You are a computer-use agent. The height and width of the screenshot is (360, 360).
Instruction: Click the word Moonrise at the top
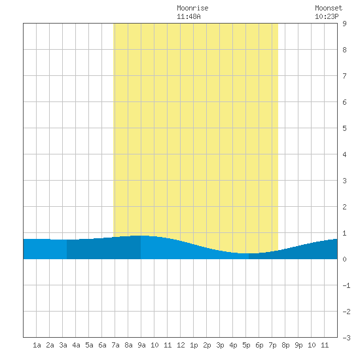pos(192,8)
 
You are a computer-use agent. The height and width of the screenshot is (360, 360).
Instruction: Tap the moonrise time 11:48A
pos(189,16)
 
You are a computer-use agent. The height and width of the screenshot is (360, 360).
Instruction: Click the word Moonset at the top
pos(329,8)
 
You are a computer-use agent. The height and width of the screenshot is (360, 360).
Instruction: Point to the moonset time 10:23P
pos(327,16)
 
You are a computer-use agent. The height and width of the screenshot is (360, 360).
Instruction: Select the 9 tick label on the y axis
pos(344,24)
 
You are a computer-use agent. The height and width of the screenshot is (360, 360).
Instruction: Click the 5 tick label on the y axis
pos(344,128)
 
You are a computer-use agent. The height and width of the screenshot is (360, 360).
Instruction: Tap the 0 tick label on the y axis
pos(344,259)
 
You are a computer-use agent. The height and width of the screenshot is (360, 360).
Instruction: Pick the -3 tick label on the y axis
pos(346,338)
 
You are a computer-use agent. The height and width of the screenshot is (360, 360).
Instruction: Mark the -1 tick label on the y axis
pos(346,285)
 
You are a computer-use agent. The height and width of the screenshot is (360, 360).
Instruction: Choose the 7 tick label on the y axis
pos(344,76)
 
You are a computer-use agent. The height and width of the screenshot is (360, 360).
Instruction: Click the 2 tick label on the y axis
pos(344,207)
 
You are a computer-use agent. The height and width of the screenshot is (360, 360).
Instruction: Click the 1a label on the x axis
pos(37,345)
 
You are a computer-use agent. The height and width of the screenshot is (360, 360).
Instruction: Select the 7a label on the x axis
pos(115,345)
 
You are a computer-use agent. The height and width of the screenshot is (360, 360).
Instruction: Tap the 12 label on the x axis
pos(181,345)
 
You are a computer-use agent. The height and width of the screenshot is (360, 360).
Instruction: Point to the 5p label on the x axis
pos(246,345)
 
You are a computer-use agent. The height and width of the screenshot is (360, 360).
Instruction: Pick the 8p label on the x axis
pos(285,345)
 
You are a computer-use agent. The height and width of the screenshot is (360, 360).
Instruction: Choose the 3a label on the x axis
pos(63,345)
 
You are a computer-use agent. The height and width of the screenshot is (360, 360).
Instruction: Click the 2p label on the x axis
pos(207,345)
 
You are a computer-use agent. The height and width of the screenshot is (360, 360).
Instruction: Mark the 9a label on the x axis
pos(141,345)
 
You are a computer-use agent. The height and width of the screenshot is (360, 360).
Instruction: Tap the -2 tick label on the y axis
pos(346,312)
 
